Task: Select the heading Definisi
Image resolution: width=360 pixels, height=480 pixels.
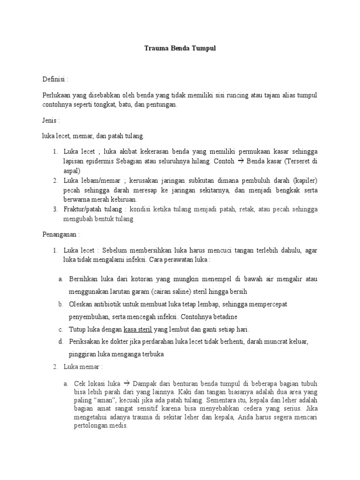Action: point(54,79)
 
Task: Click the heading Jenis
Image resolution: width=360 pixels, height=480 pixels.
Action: point(50,120)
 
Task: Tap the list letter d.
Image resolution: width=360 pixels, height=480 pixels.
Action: point(61,342)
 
